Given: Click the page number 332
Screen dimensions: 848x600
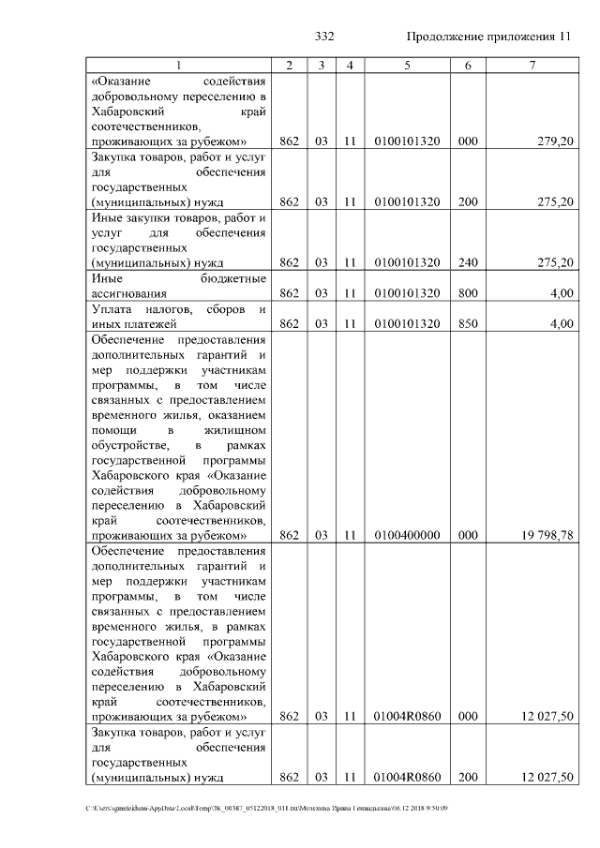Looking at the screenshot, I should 325,37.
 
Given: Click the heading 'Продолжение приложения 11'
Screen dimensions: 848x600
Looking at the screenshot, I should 488,37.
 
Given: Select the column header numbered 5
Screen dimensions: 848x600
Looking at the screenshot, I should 407,65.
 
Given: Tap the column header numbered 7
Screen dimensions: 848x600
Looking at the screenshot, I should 532,65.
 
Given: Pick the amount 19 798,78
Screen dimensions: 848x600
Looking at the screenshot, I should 543,535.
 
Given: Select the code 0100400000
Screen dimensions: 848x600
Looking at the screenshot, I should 407,535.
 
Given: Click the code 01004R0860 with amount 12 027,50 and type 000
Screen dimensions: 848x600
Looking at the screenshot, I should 407,717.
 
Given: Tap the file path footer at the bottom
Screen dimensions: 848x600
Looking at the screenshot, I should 267,808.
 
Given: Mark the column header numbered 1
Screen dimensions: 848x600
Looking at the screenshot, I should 179,65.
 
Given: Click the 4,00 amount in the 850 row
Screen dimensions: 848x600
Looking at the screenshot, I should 562,324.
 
